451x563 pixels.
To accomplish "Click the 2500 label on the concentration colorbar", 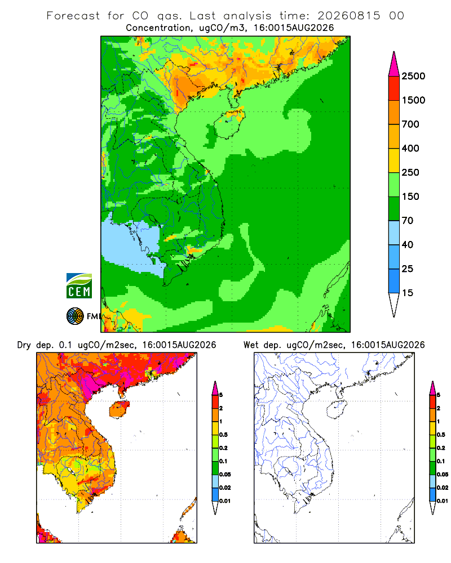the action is pyautogui.click(x=413, y=76).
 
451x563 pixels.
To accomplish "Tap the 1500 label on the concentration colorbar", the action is pyautogui.click(x=413, y=100).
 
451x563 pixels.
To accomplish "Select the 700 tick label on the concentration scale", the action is pyautogui.click(x=410, y=124).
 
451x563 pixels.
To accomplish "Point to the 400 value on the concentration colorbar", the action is pyautogui.click(x=410, y=148).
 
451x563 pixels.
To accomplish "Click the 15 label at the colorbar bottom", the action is pyautogui.click(x=408, y=293).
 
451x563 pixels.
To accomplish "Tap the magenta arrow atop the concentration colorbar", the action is pyautogui.click(x=394, y=65).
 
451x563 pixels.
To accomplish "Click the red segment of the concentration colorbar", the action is pyautogui.click(x=394, y=88).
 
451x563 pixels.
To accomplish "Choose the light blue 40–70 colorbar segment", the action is pyautogui.click(x=394, y=233).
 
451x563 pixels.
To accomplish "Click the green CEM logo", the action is pyautogui.click(x=79, y=286).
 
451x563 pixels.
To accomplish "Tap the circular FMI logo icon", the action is pyautogui.click(x=75, y=316).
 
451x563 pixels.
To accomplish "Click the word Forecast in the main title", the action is pyautogui.click(x=73, y=16).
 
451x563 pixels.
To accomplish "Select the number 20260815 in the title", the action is pyautogui.click(x=348, y=16).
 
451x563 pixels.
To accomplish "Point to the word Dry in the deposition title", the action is pyautogui.click(x=24, y=346).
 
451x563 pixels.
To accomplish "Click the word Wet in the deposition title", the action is pyautogui.click(x=251, y=345).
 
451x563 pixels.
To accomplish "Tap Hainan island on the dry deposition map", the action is pyautogui.click(x=120, y=409).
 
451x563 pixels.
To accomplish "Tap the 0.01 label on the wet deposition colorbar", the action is pyautogui.click(x=443, y=501).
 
